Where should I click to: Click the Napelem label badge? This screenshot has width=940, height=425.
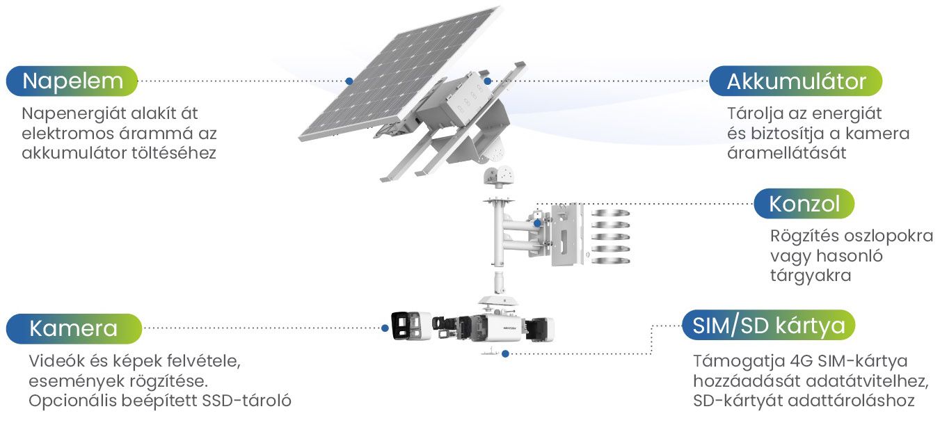[x=72, y=81]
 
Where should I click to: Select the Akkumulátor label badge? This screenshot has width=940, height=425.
[x=796, y=81]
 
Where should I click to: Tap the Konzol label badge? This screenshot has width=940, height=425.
[x=804, y=204]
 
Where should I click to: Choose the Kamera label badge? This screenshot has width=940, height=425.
[x=74, y=328]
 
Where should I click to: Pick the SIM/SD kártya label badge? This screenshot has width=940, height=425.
[x=769, y=325]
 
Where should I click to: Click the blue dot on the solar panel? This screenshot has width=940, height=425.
[x=349, y=81]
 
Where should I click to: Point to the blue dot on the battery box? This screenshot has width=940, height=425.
[x=487, y=81]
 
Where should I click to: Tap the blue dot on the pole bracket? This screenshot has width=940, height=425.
[x=537, y=223]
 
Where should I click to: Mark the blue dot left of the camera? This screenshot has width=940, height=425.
[x=385, y=328]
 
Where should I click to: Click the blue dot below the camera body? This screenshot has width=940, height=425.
[x=505, y=353]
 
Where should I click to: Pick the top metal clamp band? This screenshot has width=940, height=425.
[x=611, y=213]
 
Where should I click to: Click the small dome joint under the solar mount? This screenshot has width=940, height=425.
[x=499, y=175]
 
